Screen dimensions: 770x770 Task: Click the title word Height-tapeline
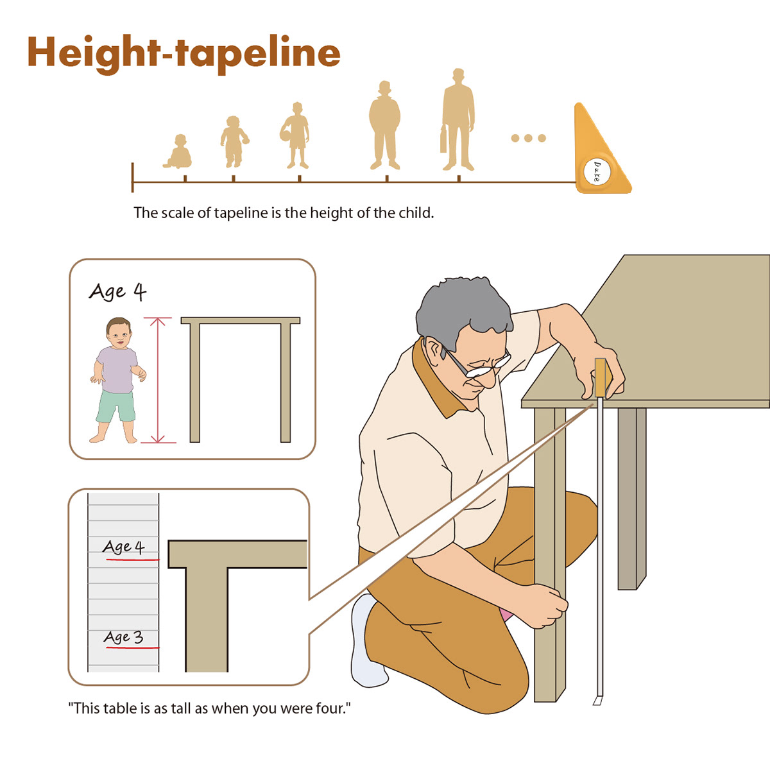(184, 54)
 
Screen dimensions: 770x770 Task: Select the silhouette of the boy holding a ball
(295, 135)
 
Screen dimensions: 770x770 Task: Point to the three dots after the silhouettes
(528, 138)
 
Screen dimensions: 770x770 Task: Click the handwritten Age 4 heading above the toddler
(118, 292)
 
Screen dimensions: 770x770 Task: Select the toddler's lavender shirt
(116, 370)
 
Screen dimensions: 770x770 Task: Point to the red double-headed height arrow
(158, 380)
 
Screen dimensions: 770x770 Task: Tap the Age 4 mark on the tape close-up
(124, 547)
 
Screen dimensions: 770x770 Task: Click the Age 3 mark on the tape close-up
(124, 637)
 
